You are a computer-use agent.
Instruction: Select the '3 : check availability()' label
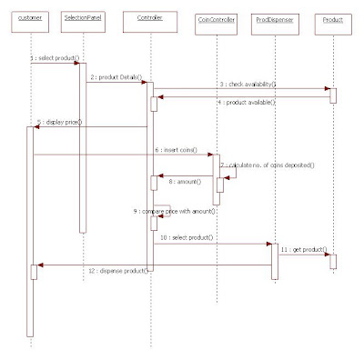pyautogui.click(x=247, y=84)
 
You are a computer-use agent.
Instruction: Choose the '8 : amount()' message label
pyautogui.click(x=186, y=182)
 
